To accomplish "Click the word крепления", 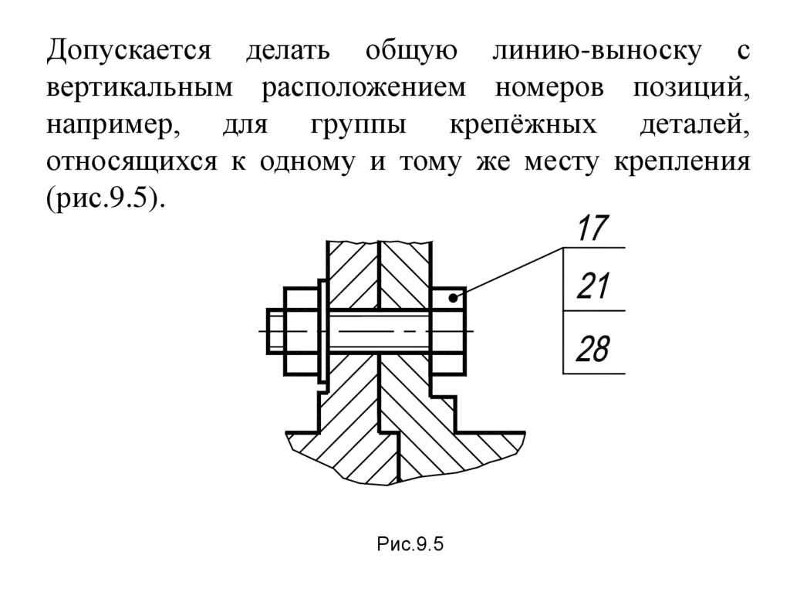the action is click(x=682, y=163).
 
